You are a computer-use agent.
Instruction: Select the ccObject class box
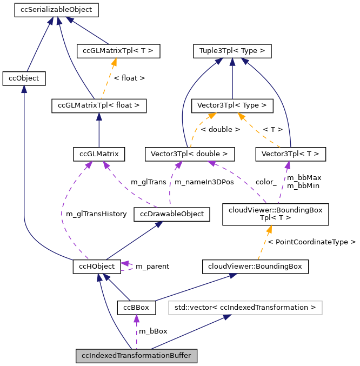tap(24, 78)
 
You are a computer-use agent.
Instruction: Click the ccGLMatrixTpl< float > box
tap(99, 105)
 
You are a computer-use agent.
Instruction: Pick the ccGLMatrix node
tap(99, 154)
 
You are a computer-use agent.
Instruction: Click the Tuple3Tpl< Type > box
tap(232, 51)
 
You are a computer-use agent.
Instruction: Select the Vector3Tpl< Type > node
tap(232, 105)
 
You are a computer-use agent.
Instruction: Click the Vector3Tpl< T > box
tap(291, 154)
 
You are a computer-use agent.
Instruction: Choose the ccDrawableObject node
tap(171, 214)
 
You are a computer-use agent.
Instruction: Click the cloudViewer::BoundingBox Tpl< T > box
tap(269, 214)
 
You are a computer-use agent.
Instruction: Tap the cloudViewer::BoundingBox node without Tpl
tap(255, 266)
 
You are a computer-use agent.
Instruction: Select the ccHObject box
tap(96, 267)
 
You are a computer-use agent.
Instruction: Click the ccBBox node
tap(136, 308)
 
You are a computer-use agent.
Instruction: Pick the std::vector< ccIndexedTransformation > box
tap(245, 308)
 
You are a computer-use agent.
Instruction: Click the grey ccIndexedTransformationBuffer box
tap(136, 356)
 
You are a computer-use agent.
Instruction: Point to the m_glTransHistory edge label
tap(96, 214)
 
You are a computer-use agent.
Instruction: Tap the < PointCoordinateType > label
tap(311, 242)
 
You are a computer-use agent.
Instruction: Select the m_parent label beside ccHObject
tap(152, 267)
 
